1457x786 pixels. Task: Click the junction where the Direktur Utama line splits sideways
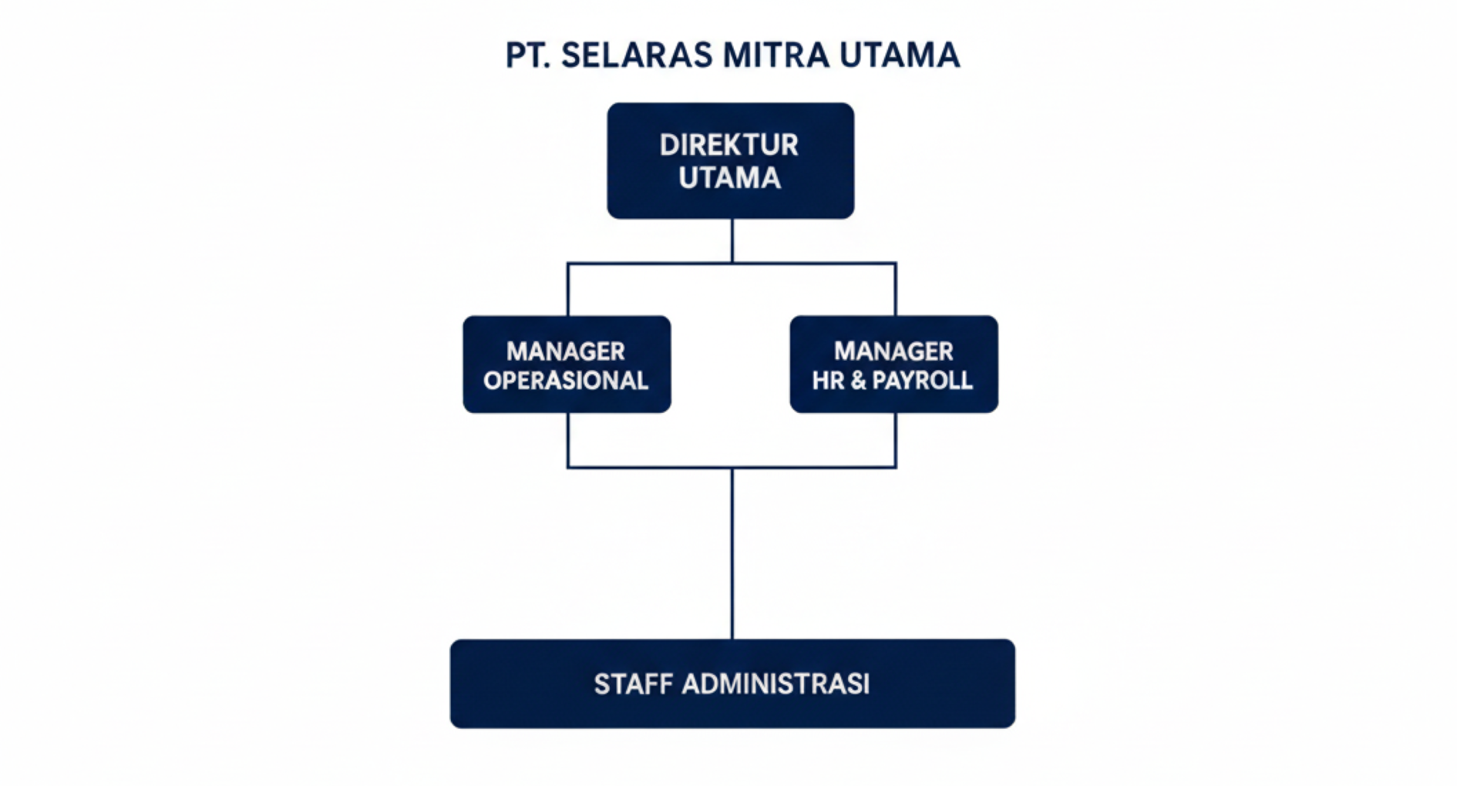pyautogui.click(x=732, y=264)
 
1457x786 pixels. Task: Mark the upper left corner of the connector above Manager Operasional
pyautogui.click(x=568, y=264)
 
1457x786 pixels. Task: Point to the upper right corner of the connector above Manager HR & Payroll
pyautogui.click(x=895, y=264)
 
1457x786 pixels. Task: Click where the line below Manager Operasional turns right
pyautogui.click(x=568, y=467)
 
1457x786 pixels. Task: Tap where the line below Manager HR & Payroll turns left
pyautogui.click(x=895, y=467)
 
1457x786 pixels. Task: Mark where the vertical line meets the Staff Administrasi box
pyautogui.click(x=732, y=639)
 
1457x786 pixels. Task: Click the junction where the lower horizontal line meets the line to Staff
pyautogui.click(x=732, y=467)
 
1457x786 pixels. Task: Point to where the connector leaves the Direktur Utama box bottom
pyautogui.click(x=732, y=219)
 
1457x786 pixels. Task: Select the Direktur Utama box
pyautogui.click(x=731, y=161)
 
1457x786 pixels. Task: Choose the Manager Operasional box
pyautogui.click(x=567, y=364)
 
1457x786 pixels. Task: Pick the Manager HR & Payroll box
pyautogui.click(x=894, y=364)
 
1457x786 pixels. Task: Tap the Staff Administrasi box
pyautogui.click(x=732, y=684)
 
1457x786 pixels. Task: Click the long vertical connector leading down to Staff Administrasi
pyautogui.click(x=732, y=553)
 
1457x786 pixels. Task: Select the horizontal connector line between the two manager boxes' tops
pyautogui.click(x=732, y=264)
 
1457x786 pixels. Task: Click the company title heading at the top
pyautogui.click(x=732, y=55)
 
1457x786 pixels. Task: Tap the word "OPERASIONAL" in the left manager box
pyautogui.click(x=566, y=381)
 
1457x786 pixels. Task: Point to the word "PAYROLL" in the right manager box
pyautogui.click(x=922, y=380)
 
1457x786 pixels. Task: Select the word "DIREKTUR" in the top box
pyautogui.click(x=729, y=145)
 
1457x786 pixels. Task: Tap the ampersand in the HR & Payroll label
pyautogui.click(x=858, y=381)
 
